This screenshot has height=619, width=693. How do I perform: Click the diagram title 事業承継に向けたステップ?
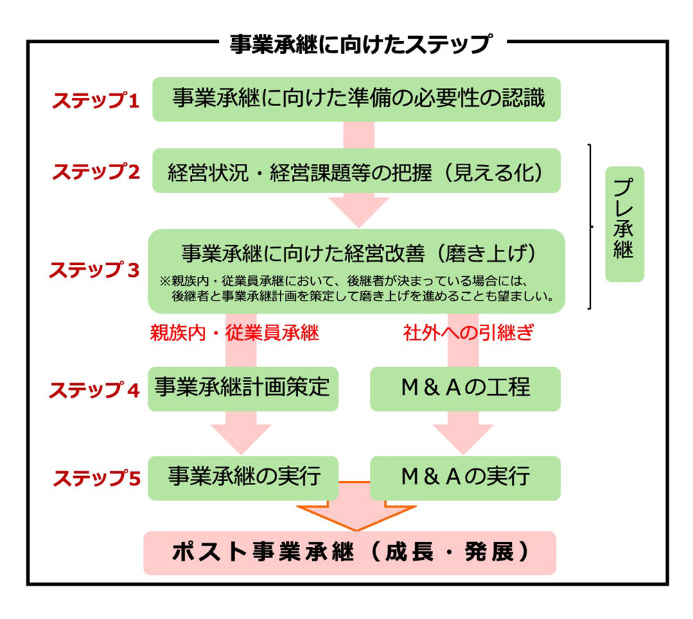pos(360,44)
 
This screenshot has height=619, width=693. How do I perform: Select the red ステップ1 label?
pos(96,101)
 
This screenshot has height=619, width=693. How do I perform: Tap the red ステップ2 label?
pos(96,171)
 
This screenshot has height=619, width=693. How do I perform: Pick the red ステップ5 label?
pos(96,478)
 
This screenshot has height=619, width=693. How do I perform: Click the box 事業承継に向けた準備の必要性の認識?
pos(356,99)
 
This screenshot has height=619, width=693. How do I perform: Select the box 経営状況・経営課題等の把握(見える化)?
pos(356,171)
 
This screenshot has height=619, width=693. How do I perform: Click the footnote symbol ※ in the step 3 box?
pos(165,282)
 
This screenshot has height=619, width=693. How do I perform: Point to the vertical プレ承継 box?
pos(624,223)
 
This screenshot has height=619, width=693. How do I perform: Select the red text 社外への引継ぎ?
pos(469,333)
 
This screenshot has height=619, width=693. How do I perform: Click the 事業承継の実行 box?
pos(243,477)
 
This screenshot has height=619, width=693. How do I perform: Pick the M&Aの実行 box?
pos(465,477)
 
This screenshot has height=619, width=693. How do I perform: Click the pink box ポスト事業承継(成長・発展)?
pos(350,552)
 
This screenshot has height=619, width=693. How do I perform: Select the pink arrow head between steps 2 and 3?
pos(358,210)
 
